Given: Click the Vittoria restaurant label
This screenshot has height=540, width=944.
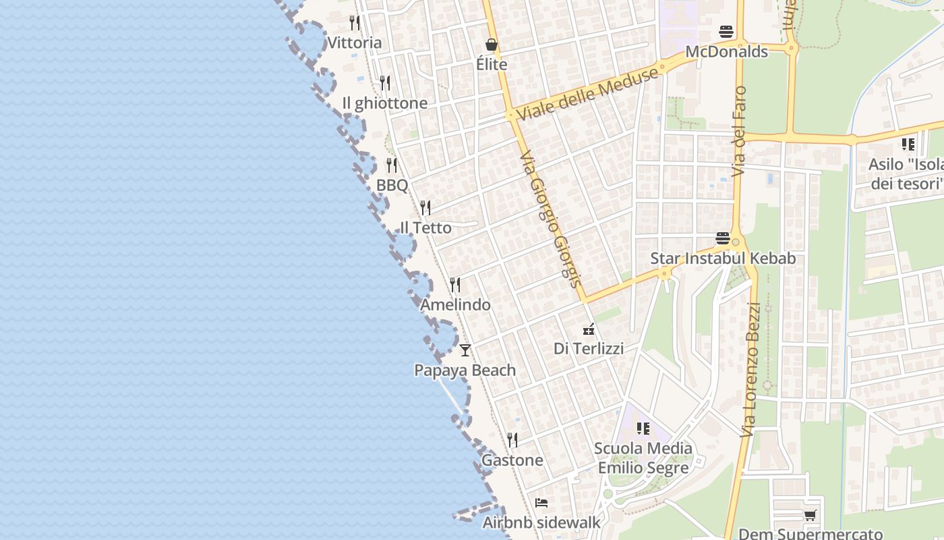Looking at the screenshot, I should click(x=354, y=43).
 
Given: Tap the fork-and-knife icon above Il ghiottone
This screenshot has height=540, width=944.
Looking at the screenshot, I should click(x=384, y=83).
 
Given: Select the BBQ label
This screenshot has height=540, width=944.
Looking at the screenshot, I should click(x=392, y=185).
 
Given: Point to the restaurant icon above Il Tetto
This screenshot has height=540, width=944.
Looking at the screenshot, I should click(x=425, y=207).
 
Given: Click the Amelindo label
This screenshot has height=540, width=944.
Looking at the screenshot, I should click(x=455, y=305).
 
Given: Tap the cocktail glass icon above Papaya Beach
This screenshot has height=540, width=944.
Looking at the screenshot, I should click(x=465, y=350).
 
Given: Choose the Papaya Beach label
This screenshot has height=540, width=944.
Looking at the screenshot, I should click(x=465, y=371).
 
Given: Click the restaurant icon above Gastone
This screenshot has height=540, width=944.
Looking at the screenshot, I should click(x=512, y=440).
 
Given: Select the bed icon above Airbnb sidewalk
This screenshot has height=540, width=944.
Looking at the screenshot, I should click(x=541, y=503).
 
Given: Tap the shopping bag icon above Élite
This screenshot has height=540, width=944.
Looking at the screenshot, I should click(x=492, y=45).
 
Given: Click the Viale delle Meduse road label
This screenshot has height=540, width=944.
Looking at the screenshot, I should click(x=587, y=94).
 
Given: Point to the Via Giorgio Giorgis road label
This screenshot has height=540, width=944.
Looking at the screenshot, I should click(x=550, y=218).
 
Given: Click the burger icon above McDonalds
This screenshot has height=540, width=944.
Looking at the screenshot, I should click(x=726, y=31).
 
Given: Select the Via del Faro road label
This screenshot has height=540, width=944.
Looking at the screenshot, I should click(x=740, y=132).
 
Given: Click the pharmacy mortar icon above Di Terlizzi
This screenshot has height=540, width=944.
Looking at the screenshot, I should click(x=589, y=329).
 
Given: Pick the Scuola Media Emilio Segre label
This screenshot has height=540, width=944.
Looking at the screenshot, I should click(x=643, y=458).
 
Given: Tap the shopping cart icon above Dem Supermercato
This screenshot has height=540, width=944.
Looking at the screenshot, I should click(x=810, y=516).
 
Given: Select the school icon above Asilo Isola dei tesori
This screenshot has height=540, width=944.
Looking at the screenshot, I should click(x=908, y=144).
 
